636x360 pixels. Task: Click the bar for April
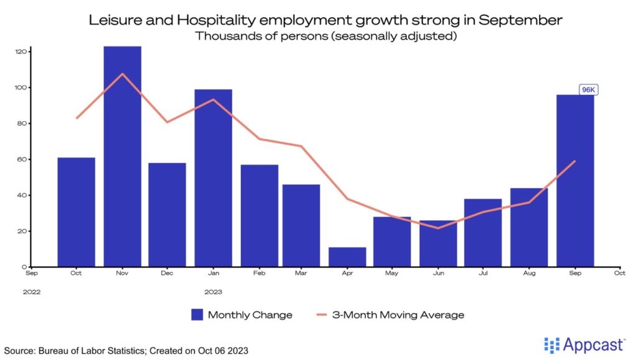click(x=347, y=257)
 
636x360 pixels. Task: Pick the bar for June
click(x=438, y=243)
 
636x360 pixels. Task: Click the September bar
click(x=575, y=181)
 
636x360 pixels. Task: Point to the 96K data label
click(x=588, y=90)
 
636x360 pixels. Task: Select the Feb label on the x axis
click(x=259, y=272)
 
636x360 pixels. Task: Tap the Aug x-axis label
click(x=529, y=272)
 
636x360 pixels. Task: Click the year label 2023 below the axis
click(x=213, y=291)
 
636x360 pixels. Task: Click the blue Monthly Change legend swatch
click(x=197, y=315)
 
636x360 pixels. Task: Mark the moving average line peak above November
click(x=122, y=74)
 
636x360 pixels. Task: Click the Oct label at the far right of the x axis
click(x=619, y=272)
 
